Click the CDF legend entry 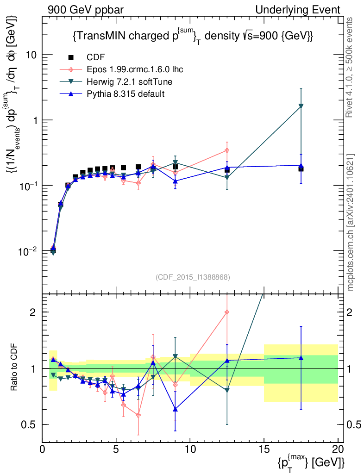point(96,57)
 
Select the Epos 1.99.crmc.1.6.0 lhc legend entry point(135,69)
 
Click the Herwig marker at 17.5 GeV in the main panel point(301,106)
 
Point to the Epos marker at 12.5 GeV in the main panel point(227,150)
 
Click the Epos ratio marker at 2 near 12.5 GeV point(227,312)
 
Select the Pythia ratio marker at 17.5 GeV point(301,357)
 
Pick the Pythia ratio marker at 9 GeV point(175,409)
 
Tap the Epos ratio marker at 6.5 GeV point(138,415)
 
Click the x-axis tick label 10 point(190,449)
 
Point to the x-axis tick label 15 point(264,449)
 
